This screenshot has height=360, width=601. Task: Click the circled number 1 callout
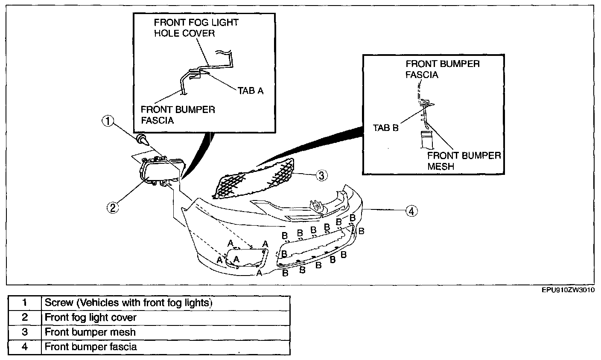coord(108,122)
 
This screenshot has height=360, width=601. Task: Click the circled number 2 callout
coord(112,208)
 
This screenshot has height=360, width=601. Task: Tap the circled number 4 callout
coord(411,211)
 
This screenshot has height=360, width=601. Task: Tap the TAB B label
coord(385,128)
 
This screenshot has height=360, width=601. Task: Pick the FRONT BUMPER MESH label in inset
coord(464,160)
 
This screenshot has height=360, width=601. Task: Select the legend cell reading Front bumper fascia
coord(166,347)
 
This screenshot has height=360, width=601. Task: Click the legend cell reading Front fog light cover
coord(166,317)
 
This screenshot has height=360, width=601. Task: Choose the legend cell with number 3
coord(24,332)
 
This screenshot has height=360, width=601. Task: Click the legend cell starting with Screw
coord(166,303)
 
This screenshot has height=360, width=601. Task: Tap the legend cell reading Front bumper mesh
coord(166,332)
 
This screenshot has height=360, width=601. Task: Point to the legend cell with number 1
coord(24,303)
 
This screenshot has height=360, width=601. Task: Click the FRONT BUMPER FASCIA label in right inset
coord(442,69)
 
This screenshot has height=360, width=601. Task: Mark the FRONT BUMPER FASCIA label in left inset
coord(178,114)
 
